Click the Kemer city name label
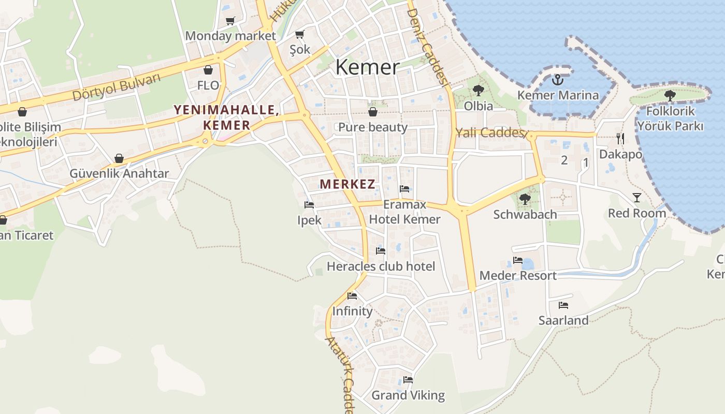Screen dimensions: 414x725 pyautogui.click(x=368, y=67)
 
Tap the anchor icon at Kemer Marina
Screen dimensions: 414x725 pyautogui.click(x=558, y=80)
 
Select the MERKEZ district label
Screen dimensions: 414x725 pyautogui.click(x=347, y=184)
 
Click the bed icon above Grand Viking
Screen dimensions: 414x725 pyautogui.click(x=408, y=380)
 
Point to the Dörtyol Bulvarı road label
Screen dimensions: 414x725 pyautogui.click(x=117, y=87)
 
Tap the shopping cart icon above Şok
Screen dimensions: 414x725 pyautogui.click(x=299, y=35)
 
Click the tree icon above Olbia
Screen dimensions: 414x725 pyautogui.click(x=478, y=91)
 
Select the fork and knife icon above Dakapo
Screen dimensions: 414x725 pyautogui.click(x=620, y=138)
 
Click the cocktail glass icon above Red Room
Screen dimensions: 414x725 pyautogui.click(x=636, y=197)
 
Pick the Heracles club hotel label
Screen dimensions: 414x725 pyautogui.click(x=381, y=267)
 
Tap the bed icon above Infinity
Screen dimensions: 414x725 pyautogui.click(x=352, y=296)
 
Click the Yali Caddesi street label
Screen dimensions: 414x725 pyautogui.click(x=489, y=132)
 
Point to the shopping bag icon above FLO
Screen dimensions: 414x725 pyautogui.click(x=208, y=70)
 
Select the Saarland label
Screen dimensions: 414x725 pyautogui.click(x=563, y=320)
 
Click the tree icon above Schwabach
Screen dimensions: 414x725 pyautogui.click(x=525, y=199)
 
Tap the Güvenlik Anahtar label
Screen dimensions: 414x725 pyautogui.click(x=119, y=173)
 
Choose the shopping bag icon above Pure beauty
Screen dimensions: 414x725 pyautogui.click(x=372, y=112)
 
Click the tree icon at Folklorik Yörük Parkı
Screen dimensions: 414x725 pyautogui.click(x=670, y=95)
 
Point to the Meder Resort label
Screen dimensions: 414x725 pyautogui.click(x=518, y=275)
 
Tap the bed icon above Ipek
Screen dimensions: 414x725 pyautogui.click(x=309, y=205)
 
